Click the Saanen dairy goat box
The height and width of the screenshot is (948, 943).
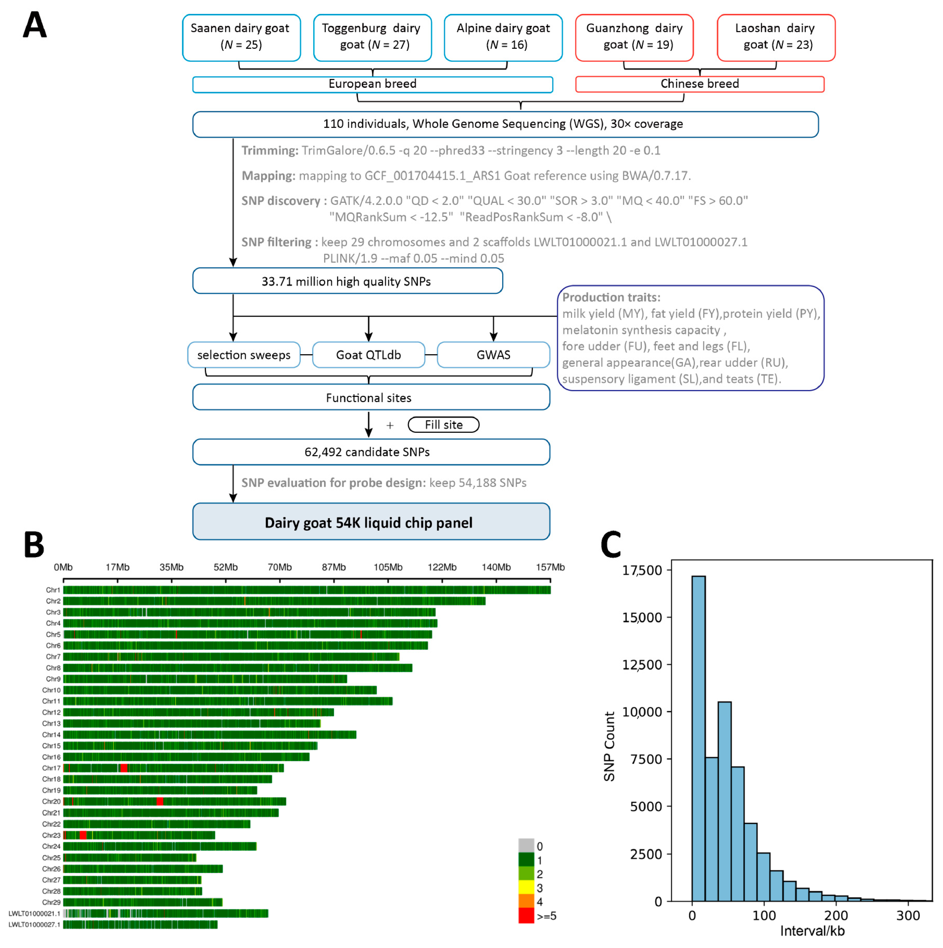tap(241, 37)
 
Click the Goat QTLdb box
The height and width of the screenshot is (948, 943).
tap(368, 355)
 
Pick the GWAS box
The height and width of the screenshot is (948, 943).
tap(493, 355)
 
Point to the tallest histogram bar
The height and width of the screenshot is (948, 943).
tap(698, 736)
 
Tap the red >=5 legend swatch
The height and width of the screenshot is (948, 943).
tap(526, 916)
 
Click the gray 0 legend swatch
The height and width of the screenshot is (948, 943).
tap(526, 845)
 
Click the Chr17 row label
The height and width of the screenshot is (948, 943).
tap(51, 768)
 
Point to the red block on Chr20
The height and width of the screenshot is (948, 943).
tap(159, 801)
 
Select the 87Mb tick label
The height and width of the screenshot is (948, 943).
tap(333, 567)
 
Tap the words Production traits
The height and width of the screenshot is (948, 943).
tap(611, 297)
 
